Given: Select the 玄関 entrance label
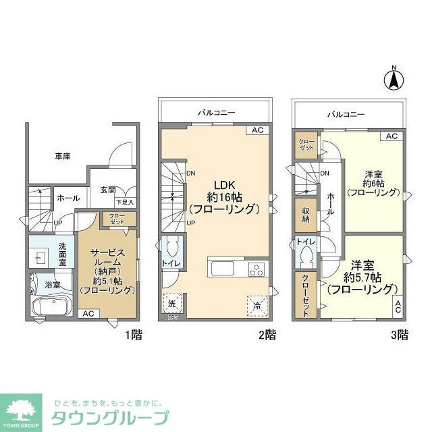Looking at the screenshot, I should (109, 190).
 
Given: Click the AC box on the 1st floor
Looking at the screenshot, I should (88, 314).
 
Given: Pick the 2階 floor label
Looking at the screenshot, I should (267, 334).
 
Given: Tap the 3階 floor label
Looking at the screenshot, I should (400, 334).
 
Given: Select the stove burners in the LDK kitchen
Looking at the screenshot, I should (257, 269).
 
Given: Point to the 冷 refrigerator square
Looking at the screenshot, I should (256, 304).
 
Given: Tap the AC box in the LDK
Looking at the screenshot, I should (257, 130).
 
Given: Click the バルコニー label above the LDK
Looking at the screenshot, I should (216, 112).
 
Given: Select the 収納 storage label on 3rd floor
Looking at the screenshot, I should (305, 215).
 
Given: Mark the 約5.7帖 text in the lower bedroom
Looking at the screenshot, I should (362, 277).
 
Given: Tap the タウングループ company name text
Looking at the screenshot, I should (110, 417).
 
